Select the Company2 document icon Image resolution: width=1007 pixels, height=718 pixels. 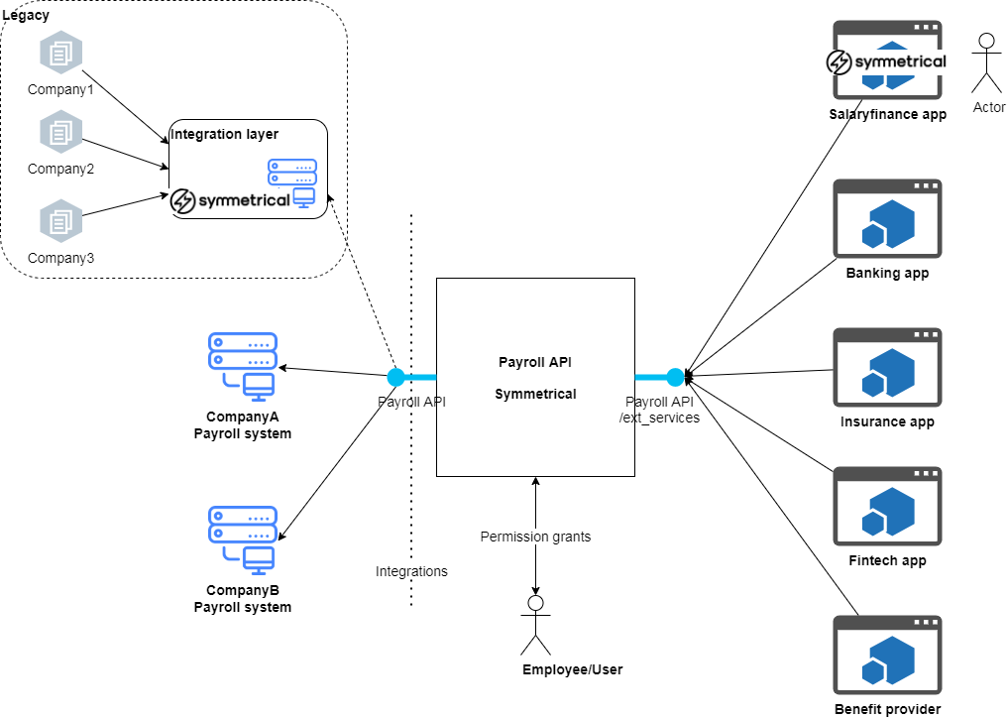point(60,131)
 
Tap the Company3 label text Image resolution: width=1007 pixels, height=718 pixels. point(60,258)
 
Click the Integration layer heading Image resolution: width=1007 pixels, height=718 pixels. point(225,134)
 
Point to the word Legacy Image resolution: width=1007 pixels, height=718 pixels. point(26,15)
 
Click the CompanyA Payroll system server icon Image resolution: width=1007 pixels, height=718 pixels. point(243,366)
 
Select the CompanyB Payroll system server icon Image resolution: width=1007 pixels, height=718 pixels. point(243,539)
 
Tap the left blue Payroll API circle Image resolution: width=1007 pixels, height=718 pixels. point(395,377)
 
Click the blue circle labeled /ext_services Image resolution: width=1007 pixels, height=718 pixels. point(676,377)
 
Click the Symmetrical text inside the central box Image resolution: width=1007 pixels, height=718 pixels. point(535,394)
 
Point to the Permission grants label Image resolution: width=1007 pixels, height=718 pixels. point(535,537)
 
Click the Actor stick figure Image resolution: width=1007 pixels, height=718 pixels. point(985,63)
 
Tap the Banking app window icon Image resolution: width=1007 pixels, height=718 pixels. point(887,220)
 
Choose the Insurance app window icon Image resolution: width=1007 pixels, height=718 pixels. point(887,369)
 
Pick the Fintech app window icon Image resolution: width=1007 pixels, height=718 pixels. point(887,508)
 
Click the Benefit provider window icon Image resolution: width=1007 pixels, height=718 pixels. point(887,657)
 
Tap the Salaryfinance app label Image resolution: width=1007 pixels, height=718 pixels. point(887,114)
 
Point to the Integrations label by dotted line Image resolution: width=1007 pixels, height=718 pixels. point(411,571)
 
